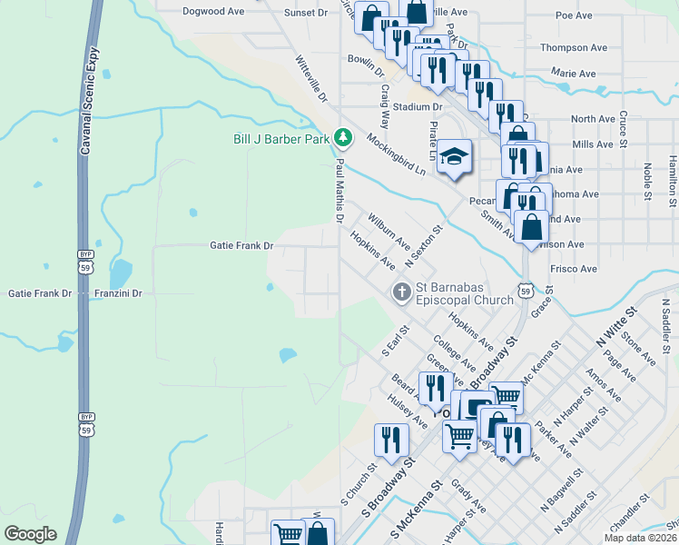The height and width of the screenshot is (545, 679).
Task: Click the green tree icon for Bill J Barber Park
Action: tap(342, 137)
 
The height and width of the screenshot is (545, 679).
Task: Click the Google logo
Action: tap(30, 534)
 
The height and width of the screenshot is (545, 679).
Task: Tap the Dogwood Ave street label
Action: tap(213, 12)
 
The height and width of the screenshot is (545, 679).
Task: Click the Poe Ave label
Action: tap(574, 15)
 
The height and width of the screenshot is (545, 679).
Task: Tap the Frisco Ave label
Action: tap(574, 269)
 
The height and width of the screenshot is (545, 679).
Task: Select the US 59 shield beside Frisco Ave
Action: tap(526, 289)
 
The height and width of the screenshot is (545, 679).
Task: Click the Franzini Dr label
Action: tap(119, 293)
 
